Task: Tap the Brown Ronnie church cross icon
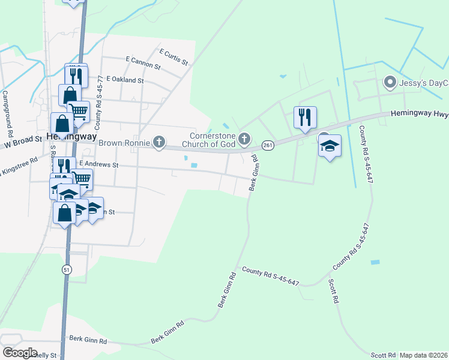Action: (x=158, y=142)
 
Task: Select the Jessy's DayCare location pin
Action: (x=390, y=82)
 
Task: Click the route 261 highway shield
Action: (x=268, y=145)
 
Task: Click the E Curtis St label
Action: (x=173, y=57)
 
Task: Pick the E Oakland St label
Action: (x=125, y=79)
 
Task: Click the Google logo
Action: (x=20, y=353)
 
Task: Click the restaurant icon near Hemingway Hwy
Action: (x=305, y=116)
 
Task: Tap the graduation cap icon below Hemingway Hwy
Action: (x=329, y=146)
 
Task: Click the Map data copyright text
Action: (x=424, y=355)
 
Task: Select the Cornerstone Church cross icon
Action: (x=244, y=139)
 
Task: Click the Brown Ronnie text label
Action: (x=125, y=143)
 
